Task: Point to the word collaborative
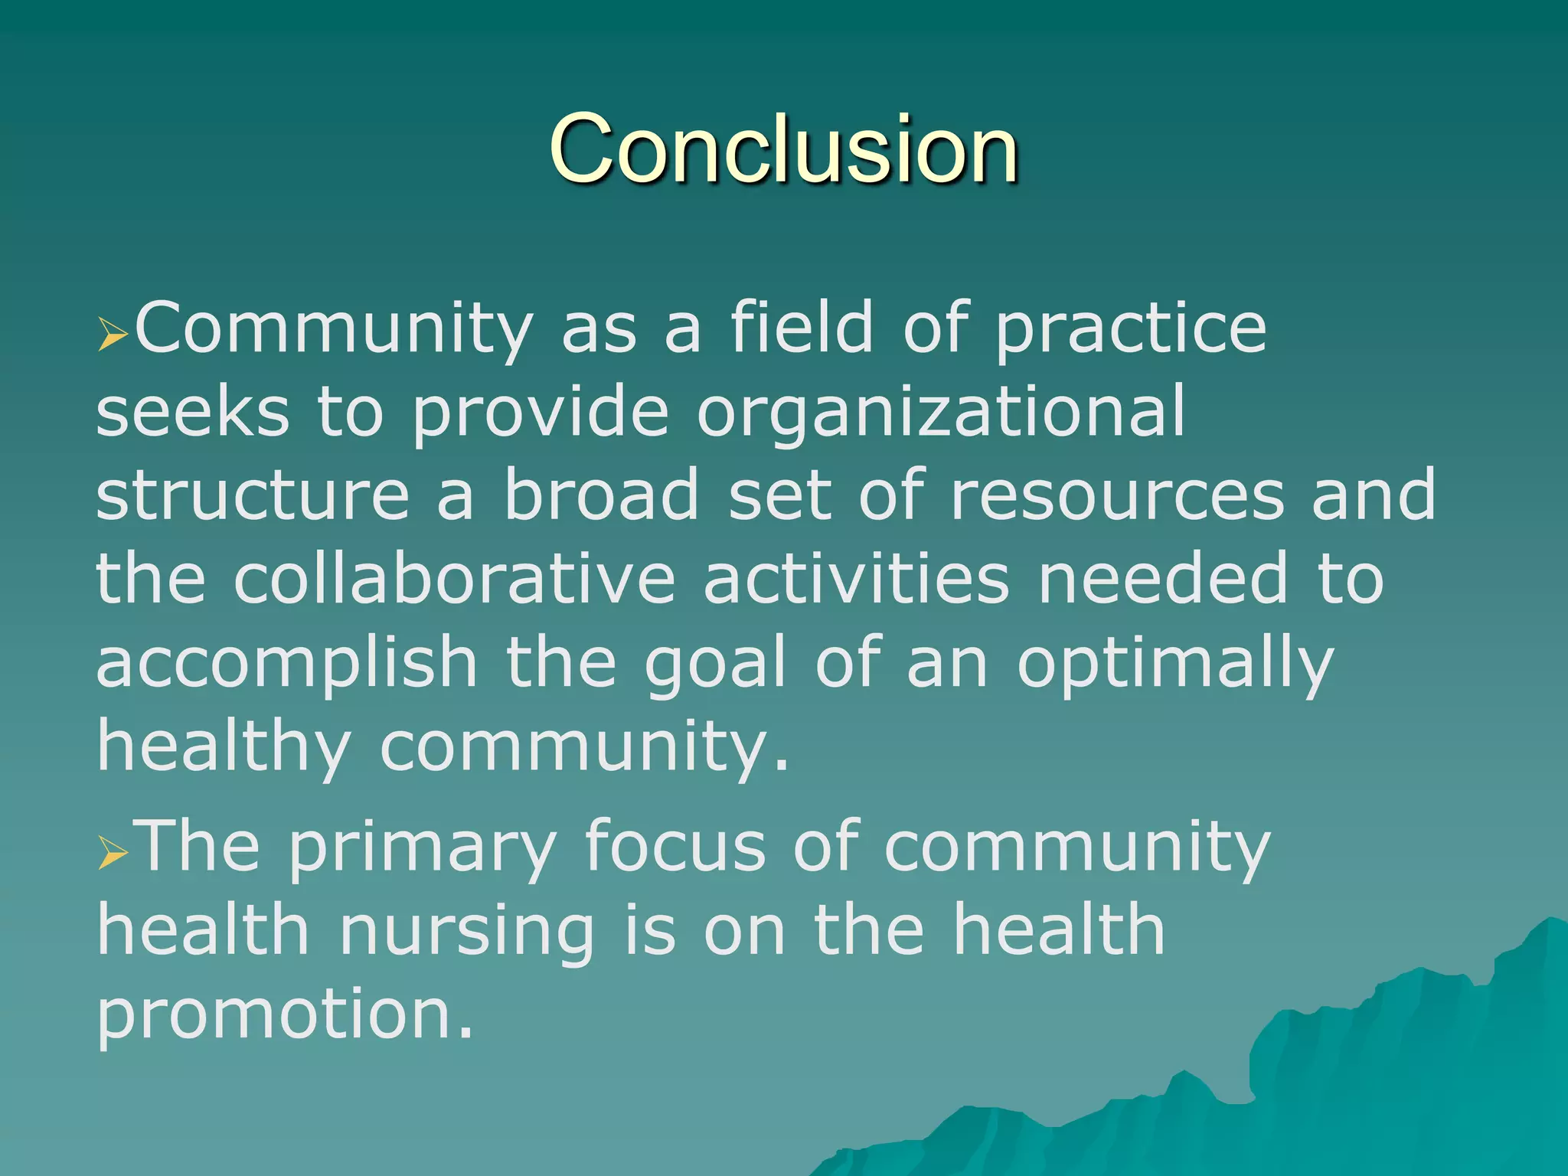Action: click(x=454, y=579)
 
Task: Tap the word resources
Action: click(x=1116, y=496)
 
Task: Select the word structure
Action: click(x=253, y=496)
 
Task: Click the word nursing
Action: click(x=466, y=933)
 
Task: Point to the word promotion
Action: click(x=283, y=1014)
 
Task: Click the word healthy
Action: click(x=224, y=746)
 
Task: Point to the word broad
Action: click(x=601, y=496)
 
